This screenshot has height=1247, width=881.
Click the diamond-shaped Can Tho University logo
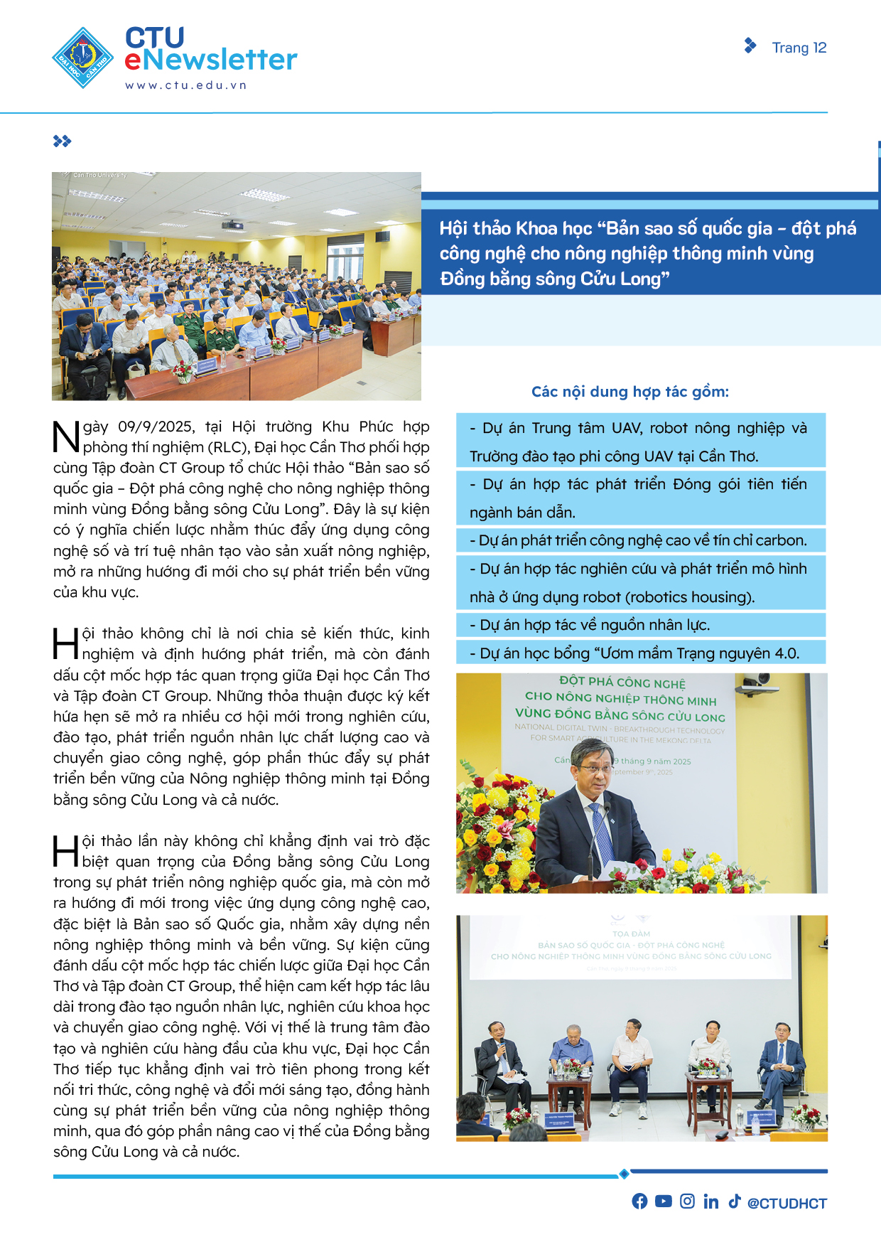coord(83,58)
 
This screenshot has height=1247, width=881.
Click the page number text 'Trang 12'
coord(799,48)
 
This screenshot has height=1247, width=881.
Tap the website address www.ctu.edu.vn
coord(185,85)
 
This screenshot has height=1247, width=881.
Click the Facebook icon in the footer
coord(639,1201)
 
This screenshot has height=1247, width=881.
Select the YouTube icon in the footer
coord(664,1201)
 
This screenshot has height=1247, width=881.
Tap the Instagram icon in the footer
coord(687,1201)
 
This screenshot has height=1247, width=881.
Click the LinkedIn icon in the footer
coord(710,1201)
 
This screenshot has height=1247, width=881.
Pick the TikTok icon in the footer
coord(734,1201)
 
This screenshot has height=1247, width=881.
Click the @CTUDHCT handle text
coord(787,1203)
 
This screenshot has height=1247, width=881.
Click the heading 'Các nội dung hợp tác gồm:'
coord(629,392)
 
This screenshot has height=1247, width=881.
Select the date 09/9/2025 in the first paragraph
coord(156,427)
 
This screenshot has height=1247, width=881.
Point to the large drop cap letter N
coord(66,437)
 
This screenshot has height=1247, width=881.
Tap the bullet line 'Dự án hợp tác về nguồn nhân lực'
coord(590,625)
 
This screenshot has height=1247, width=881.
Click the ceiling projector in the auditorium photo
coord(232,225)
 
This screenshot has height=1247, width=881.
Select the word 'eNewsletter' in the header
coord(210,60)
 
